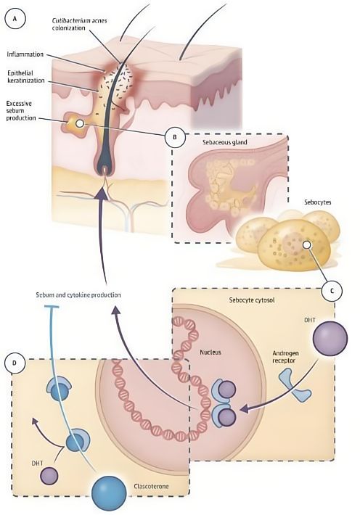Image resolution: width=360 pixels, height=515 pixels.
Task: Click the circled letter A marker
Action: click(x=15, y=19)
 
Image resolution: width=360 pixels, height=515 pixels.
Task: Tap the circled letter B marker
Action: click(x=174, y=136)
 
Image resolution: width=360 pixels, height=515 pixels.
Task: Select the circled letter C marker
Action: click(x=332, y=291)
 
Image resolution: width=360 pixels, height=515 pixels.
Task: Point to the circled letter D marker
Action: click(x=15, y=363)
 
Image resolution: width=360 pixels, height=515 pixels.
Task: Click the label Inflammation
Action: click(x=25, y=54)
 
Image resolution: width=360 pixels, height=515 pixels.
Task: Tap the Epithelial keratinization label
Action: click(x=25, y=77)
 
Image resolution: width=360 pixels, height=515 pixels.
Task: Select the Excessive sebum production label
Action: click(x=21, y=111)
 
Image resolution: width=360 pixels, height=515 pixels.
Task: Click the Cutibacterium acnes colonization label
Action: click(x=79, y=25)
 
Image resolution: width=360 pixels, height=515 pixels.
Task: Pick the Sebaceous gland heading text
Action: click(x=224, y=142)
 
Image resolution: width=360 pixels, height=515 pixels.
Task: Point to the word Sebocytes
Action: click(x=317, y=202)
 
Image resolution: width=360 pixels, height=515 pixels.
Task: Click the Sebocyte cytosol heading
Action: click(x=252, y=300)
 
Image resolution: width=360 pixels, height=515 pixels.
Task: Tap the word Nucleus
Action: click(x=210, y=352)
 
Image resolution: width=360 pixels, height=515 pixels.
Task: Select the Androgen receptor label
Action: click(x=286, y=357)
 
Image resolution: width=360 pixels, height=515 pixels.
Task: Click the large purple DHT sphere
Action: click(x=330, y=339)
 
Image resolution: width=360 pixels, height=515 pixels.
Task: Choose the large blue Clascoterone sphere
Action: click(x=109, y=493)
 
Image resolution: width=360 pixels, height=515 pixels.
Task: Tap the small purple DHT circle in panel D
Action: click(x=49, y=476)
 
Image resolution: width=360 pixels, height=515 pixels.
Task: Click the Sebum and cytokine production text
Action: click(x=78, y=295)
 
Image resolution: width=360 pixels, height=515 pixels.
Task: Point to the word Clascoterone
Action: click(x=151, y=486)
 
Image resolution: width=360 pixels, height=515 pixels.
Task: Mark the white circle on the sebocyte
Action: click(x=306, y=244)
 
